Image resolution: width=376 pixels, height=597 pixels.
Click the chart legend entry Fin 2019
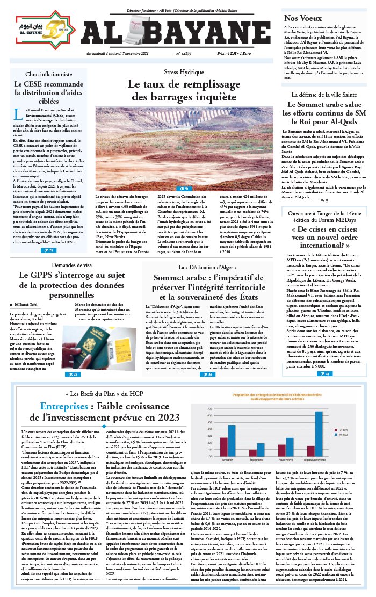[344, 430]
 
